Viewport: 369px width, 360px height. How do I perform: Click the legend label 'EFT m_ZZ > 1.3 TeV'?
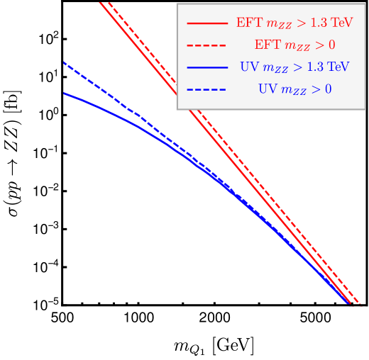click(x=294, y=23)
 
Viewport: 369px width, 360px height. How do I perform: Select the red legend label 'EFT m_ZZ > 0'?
click(x=294, y=45)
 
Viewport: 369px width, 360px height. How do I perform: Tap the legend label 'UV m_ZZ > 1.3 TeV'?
click(x=294, y=67)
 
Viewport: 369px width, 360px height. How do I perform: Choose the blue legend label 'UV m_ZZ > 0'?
click(x=294, y=89)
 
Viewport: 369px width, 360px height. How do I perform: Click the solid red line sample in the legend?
click(x=206, y=23)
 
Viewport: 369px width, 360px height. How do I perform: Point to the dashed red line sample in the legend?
click(x=206, y=45)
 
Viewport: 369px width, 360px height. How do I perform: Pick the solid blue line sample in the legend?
click(x=206, y=67)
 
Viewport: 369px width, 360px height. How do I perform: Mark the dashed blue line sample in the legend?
click(x=206, y=89)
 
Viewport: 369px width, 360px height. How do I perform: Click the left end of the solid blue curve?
click(x=65, y=93)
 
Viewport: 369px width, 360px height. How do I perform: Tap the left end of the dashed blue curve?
click(x=65, y=63)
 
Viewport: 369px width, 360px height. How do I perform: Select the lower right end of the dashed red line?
click(x=360, y=305)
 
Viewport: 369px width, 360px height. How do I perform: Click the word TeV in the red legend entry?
click(x=342, y=23)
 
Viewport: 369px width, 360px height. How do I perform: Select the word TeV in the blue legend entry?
click(x=338, y=67)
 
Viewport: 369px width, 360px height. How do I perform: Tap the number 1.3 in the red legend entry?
click(x=319, y=23)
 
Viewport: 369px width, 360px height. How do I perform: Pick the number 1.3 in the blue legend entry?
click(x=315, y=67)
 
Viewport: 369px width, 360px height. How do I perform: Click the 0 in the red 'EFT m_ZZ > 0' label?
click(x=331, y=45)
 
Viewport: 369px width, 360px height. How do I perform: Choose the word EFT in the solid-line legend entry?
click(x=249, y=23)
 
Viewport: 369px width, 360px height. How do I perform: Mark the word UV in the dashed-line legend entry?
click(x=267, y=89)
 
